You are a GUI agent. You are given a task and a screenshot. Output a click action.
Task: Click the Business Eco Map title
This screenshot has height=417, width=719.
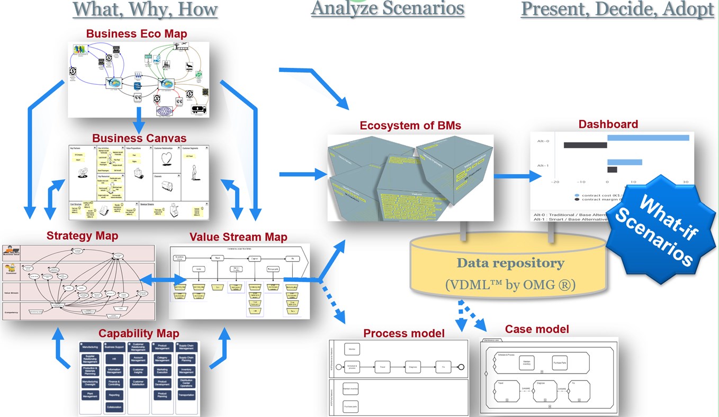137,34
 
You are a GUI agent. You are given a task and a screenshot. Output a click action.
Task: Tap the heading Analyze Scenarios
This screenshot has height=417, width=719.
387,8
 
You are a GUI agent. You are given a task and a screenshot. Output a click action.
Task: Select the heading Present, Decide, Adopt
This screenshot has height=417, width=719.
617,9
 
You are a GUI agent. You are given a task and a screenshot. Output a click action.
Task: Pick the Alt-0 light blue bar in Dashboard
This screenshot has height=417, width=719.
648,138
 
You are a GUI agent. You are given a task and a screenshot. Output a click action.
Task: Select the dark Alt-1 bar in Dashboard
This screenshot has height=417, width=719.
612,170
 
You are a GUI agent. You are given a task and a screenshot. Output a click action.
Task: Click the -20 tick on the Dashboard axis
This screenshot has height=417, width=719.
555,182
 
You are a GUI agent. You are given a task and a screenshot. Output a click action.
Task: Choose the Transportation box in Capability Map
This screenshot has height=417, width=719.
186,394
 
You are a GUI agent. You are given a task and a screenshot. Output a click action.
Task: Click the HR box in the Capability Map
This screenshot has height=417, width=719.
114,359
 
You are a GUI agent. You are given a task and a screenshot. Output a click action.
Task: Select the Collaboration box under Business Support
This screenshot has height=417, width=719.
114,407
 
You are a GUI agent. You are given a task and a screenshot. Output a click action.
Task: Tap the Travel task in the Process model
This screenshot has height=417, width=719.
383,366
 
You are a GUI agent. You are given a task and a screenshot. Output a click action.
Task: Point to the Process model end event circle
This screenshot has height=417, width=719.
461,366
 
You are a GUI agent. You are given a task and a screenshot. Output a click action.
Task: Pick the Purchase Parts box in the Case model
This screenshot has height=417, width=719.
562,362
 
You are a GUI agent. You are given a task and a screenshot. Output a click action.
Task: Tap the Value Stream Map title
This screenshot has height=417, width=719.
238,237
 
